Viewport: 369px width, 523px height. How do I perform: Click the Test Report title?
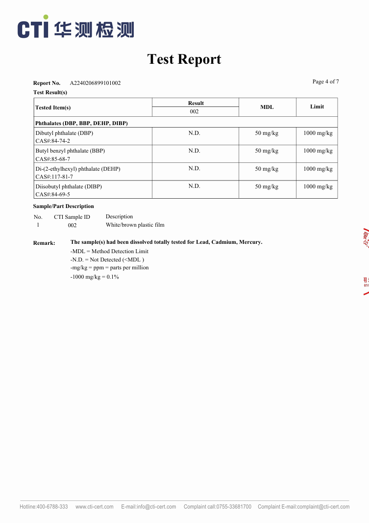click(x=184, y=59)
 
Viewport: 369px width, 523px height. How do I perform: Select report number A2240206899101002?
click(x=95, y=83)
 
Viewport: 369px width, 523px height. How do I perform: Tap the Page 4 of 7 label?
click(x=325, y=81)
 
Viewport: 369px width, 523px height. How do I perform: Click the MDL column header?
click(x=267, y=107)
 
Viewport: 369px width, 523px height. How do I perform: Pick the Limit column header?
click(x=317, y=106)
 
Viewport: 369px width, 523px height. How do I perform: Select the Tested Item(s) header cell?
click(x=53, y=107)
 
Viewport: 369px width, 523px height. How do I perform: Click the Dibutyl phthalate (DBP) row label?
click(x=64, y=133)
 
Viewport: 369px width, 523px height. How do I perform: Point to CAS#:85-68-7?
click(x=53, y=159)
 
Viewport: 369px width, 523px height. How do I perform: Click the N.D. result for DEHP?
click(x=195, y=168)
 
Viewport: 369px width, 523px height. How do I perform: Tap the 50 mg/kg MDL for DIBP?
click(x=267, y=186)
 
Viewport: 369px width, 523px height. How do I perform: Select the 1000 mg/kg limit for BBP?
click(x=318, y=151)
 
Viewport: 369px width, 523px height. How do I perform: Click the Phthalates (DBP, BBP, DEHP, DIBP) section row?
click(x=81, y=123)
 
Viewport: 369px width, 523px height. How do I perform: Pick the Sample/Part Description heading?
click(x=63, y=206)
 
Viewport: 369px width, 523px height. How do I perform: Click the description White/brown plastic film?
click(x=135, y=225)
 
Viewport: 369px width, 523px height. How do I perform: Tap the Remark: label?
click(x=44, y=243)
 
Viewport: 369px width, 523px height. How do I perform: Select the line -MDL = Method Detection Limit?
click(x=109, y=251)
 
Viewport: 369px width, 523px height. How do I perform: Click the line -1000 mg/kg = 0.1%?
click(x=95, y=277)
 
